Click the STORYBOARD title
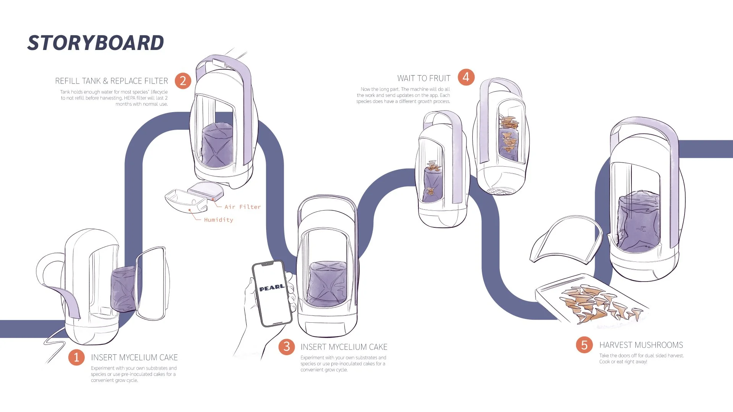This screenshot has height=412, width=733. point(95,43)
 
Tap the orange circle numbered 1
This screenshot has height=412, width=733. point(76,357)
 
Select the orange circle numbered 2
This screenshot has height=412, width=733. point(183,81)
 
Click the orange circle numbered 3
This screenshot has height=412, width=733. point(287,347)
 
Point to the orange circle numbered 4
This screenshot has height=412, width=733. point(466,77)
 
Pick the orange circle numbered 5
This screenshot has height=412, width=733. point(584,345)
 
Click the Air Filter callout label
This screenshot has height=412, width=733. point(242,207)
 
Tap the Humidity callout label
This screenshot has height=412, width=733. point(218,220)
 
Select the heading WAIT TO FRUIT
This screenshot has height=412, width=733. point(424,78)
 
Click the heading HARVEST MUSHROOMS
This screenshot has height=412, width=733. point(641,345)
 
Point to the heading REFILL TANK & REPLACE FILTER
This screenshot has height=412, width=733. point(111,81)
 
